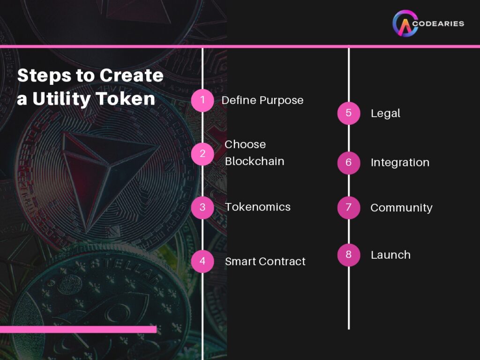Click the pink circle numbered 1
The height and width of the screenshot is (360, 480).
coord(202,100)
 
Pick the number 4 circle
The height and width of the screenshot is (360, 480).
coord(202,261)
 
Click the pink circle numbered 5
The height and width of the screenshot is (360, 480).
coord(349,113)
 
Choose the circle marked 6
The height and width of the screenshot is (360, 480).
coord(349,163)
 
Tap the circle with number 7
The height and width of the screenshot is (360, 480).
coord(349,208)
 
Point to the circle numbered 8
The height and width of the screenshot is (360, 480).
coord(349,255)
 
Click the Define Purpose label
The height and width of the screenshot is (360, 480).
coord(262,100)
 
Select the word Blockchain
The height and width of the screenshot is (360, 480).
coord(255,161)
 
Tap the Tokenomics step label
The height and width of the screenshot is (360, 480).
coord(257,207)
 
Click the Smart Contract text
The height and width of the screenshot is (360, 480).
coord(265,262)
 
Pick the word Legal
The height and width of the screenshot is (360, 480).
coord(385,113)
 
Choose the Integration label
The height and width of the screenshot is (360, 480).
coord(400,163)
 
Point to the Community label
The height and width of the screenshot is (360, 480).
coord(401,208)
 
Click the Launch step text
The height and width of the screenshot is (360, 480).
coord(390,255)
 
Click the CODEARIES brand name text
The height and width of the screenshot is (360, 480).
coord(441,23)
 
